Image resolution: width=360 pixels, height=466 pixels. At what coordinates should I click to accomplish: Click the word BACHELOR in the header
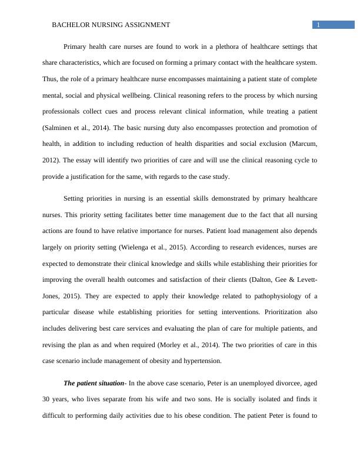pos(70,25)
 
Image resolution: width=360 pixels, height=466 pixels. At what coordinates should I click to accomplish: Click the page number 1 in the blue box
pos(318,25)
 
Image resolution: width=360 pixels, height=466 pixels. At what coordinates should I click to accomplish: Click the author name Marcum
pos(305,143)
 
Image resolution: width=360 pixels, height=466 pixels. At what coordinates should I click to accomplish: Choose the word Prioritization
pos(278,312)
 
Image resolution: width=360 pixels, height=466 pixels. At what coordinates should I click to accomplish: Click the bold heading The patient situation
pos(94,382)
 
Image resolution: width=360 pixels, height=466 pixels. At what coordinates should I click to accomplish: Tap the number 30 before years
pos(47,398)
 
